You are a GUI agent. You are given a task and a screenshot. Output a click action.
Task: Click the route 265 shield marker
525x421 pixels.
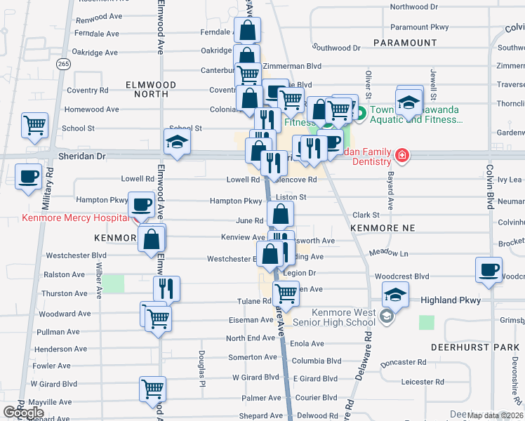[x=64, y=64]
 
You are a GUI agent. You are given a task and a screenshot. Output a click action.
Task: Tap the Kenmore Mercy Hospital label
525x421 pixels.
[x=76, y=218]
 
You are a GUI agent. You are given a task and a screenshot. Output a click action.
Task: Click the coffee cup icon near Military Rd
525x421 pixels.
[x=29, y=178]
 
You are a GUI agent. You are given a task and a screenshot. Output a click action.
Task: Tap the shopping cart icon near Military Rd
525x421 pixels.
[x=34, y=127]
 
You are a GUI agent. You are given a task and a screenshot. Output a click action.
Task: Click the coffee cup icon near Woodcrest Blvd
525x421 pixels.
[x=489, y=271]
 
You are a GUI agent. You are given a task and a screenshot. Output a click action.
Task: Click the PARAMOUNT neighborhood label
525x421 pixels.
[x=405, y=43]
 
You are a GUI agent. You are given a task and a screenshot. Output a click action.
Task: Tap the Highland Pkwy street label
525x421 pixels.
[x=451, y=300]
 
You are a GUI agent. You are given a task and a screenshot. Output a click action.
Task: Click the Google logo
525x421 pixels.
[x=23, y=413]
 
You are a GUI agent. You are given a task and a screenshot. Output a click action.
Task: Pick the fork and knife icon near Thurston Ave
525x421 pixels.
[x=166, y=289]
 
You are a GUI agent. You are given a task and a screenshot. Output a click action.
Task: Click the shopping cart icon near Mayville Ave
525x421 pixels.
[x=152, y=389]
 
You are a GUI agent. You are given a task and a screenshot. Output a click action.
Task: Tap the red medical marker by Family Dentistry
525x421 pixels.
[x=402, y=155]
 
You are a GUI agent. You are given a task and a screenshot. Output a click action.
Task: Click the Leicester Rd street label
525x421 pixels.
[x=425, y=382]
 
